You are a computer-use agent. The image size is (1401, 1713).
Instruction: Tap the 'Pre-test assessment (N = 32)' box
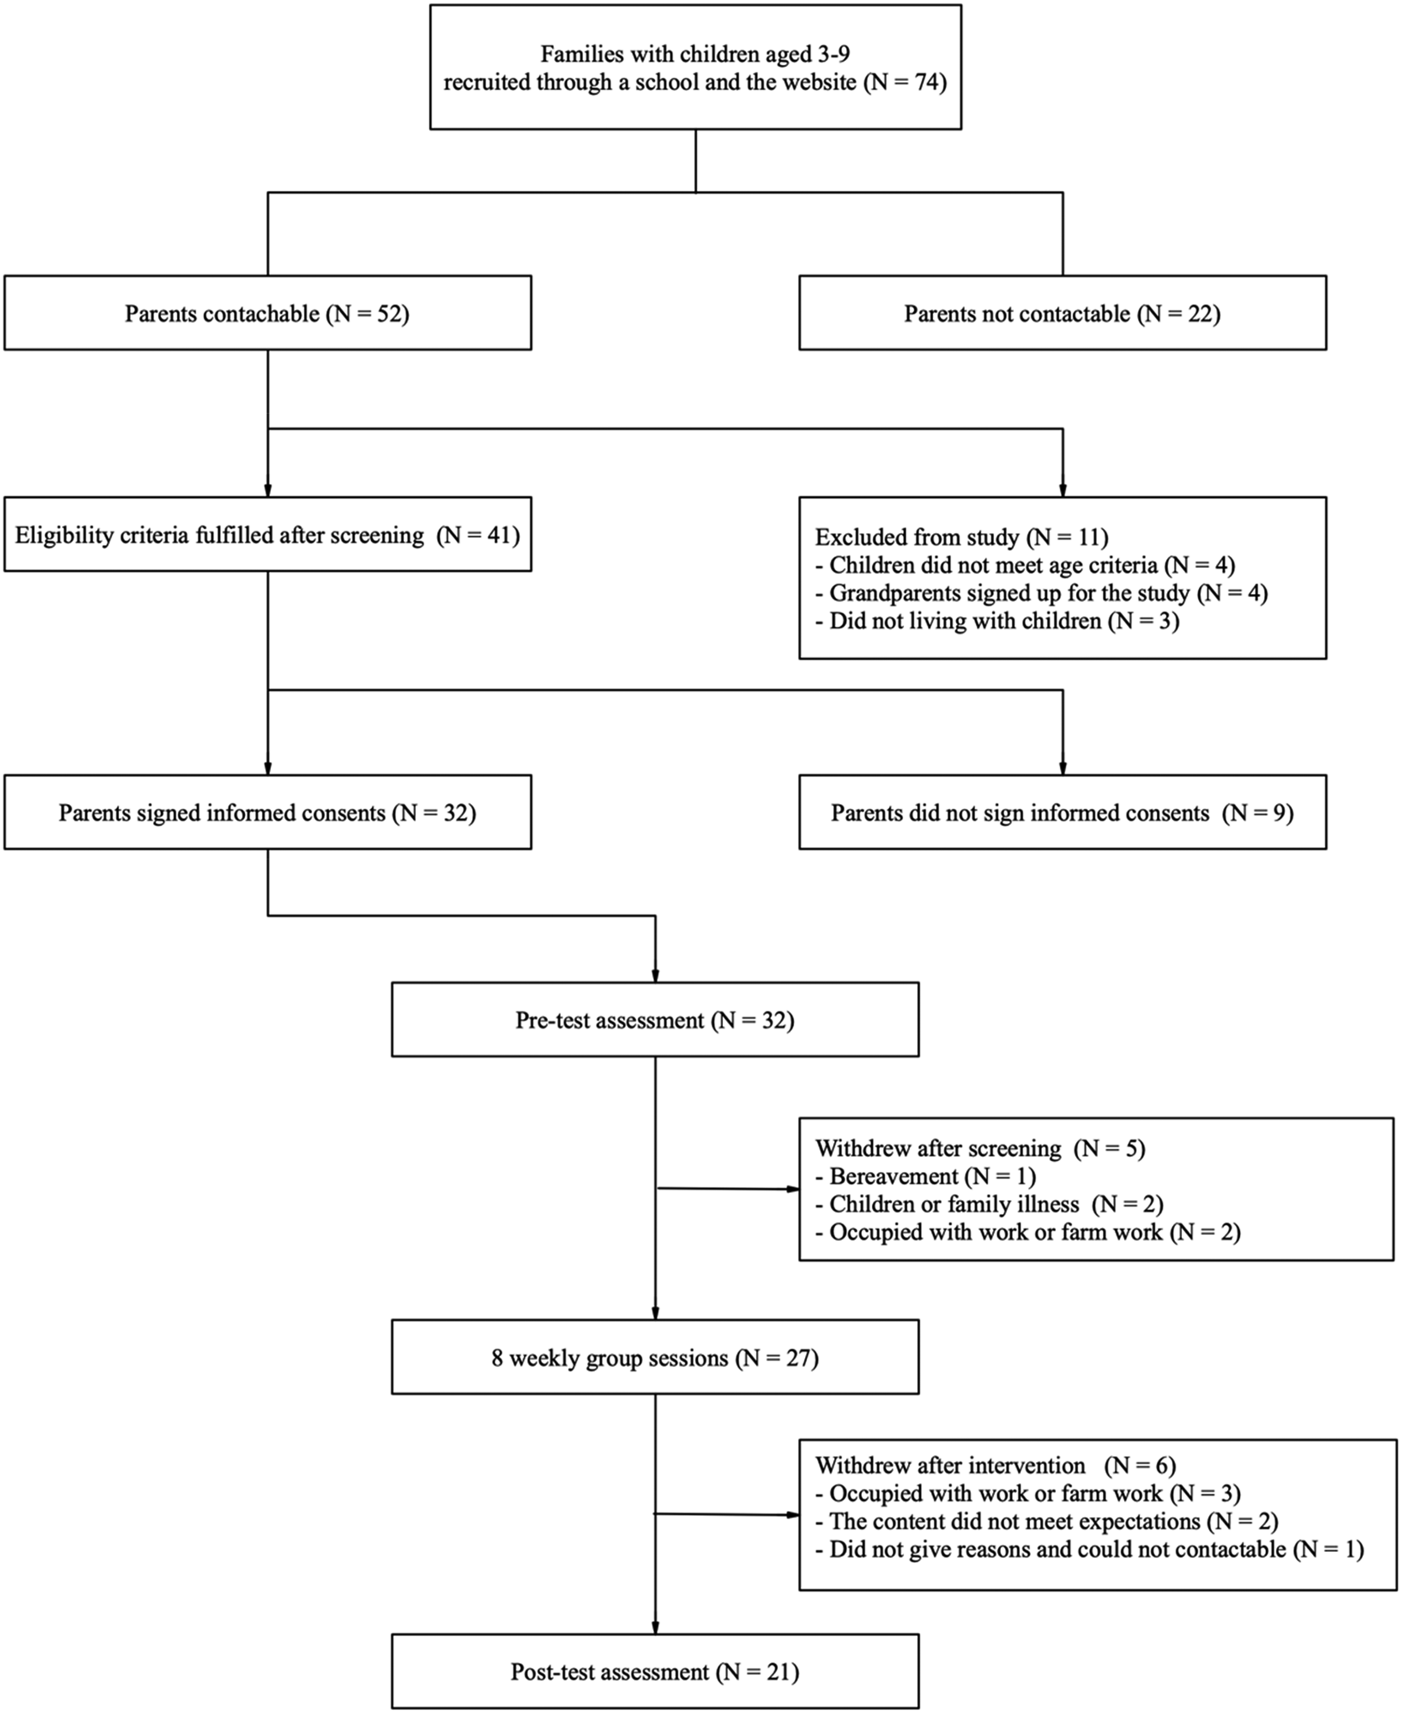coord(654,1019)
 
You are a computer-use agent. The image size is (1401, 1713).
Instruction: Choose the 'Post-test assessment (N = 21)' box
coord(654,1671)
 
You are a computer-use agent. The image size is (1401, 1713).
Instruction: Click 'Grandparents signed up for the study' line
coord(1041,593)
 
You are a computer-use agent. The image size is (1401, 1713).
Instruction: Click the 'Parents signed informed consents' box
coord(267,812)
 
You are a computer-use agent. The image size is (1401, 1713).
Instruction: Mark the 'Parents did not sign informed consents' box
coord(1062,812)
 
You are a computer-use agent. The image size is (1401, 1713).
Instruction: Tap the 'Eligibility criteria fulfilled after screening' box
coord(267,534)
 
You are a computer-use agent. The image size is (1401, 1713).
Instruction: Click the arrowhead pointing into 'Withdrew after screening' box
coord(793,1189)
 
